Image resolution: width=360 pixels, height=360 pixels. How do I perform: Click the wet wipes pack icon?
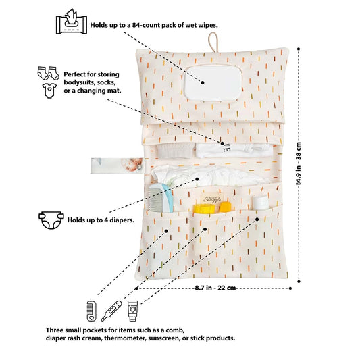72,22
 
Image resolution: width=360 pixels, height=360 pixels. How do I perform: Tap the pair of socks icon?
49,73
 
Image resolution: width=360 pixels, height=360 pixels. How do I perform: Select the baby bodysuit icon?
49,91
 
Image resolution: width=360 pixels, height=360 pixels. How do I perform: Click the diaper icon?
51,220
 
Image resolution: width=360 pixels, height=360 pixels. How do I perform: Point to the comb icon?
91,311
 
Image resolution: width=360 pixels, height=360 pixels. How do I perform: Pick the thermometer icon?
111,311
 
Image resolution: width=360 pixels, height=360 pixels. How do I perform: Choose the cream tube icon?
132,311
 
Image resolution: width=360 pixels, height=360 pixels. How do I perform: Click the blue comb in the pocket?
161,198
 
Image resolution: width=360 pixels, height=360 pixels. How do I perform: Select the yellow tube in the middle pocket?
204,209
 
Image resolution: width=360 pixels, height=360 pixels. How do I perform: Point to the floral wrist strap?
118,165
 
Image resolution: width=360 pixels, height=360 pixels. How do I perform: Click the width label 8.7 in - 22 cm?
215,288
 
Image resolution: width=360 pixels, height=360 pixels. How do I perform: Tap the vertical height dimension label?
299,163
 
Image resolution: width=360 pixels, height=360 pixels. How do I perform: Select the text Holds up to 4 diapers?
101,220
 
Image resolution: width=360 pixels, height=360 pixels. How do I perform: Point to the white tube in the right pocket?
261,203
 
